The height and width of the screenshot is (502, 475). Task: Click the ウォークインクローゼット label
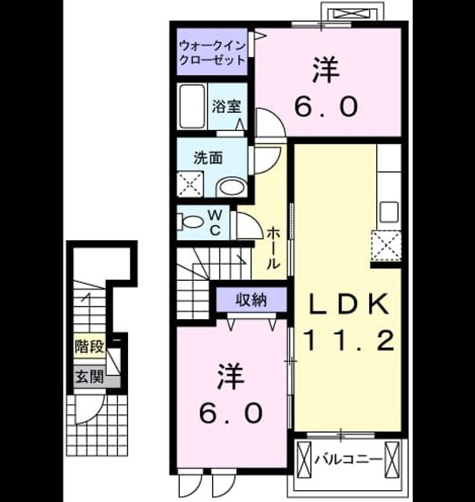pos(212,53)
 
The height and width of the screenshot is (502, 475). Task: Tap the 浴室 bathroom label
pos(226,107)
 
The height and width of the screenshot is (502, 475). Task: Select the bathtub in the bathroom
pos(192,107)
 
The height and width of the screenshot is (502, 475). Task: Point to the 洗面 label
pos(208,158)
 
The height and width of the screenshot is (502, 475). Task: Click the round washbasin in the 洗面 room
pos(232,187)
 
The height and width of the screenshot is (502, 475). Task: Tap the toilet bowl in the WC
pos(192,221)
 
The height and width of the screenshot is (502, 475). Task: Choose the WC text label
pos(215,223)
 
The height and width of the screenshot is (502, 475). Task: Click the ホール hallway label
pos(274,248)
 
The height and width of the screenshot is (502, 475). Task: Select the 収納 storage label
pos(251,300)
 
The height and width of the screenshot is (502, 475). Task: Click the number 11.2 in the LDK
pos(349,340)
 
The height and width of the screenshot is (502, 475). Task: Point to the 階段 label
pos(90,346)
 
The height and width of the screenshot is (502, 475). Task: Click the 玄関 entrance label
pos(90,376)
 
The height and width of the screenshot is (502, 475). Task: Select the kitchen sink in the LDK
pos(389,213)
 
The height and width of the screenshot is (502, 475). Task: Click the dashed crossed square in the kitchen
pos(386,246)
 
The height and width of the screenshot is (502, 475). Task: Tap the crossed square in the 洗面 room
pos(190,184)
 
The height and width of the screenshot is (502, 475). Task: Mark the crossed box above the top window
pos(353,13)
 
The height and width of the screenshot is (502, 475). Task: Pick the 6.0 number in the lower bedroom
pos(231,413)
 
